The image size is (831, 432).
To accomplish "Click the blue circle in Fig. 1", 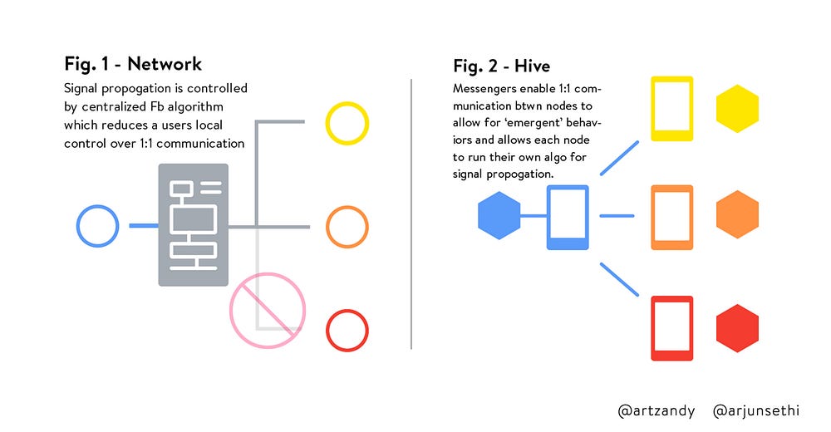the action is [x=78, y=226].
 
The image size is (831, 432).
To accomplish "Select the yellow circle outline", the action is [x=327, y=123].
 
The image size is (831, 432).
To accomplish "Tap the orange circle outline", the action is [x=327, y=227].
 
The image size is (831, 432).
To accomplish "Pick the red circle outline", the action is [x=327, y=330].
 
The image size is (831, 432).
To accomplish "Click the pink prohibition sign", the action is [x=268, y=311].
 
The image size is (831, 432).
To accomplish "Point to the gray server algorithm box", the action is [x=194, y=225].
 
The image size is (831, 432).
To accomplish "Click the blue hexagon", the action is [x=499, y=215].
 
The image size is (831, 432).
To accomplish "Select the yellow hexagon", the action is [x=737, y=108].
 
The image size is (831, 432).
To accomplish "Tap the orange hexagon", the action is [x=737, y=214].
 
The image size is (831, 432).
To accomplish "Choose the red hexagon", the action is [x=737, y=328].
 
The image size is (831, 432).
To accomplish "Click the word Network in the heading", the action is [x=165, y=64].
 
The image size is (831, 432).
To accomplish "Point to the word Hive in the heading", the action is [x=532, y=66].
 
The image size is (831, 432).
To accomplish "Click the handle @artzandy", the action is [x=656, y=410].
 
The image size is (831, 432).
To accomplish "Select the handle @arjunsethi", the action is [x=755, y=410].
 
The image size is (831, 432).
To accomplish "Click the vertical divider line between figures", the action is [x=411, y=214].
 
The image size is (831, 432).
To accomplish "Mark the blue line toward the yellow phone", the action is [x=620, y=158].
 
